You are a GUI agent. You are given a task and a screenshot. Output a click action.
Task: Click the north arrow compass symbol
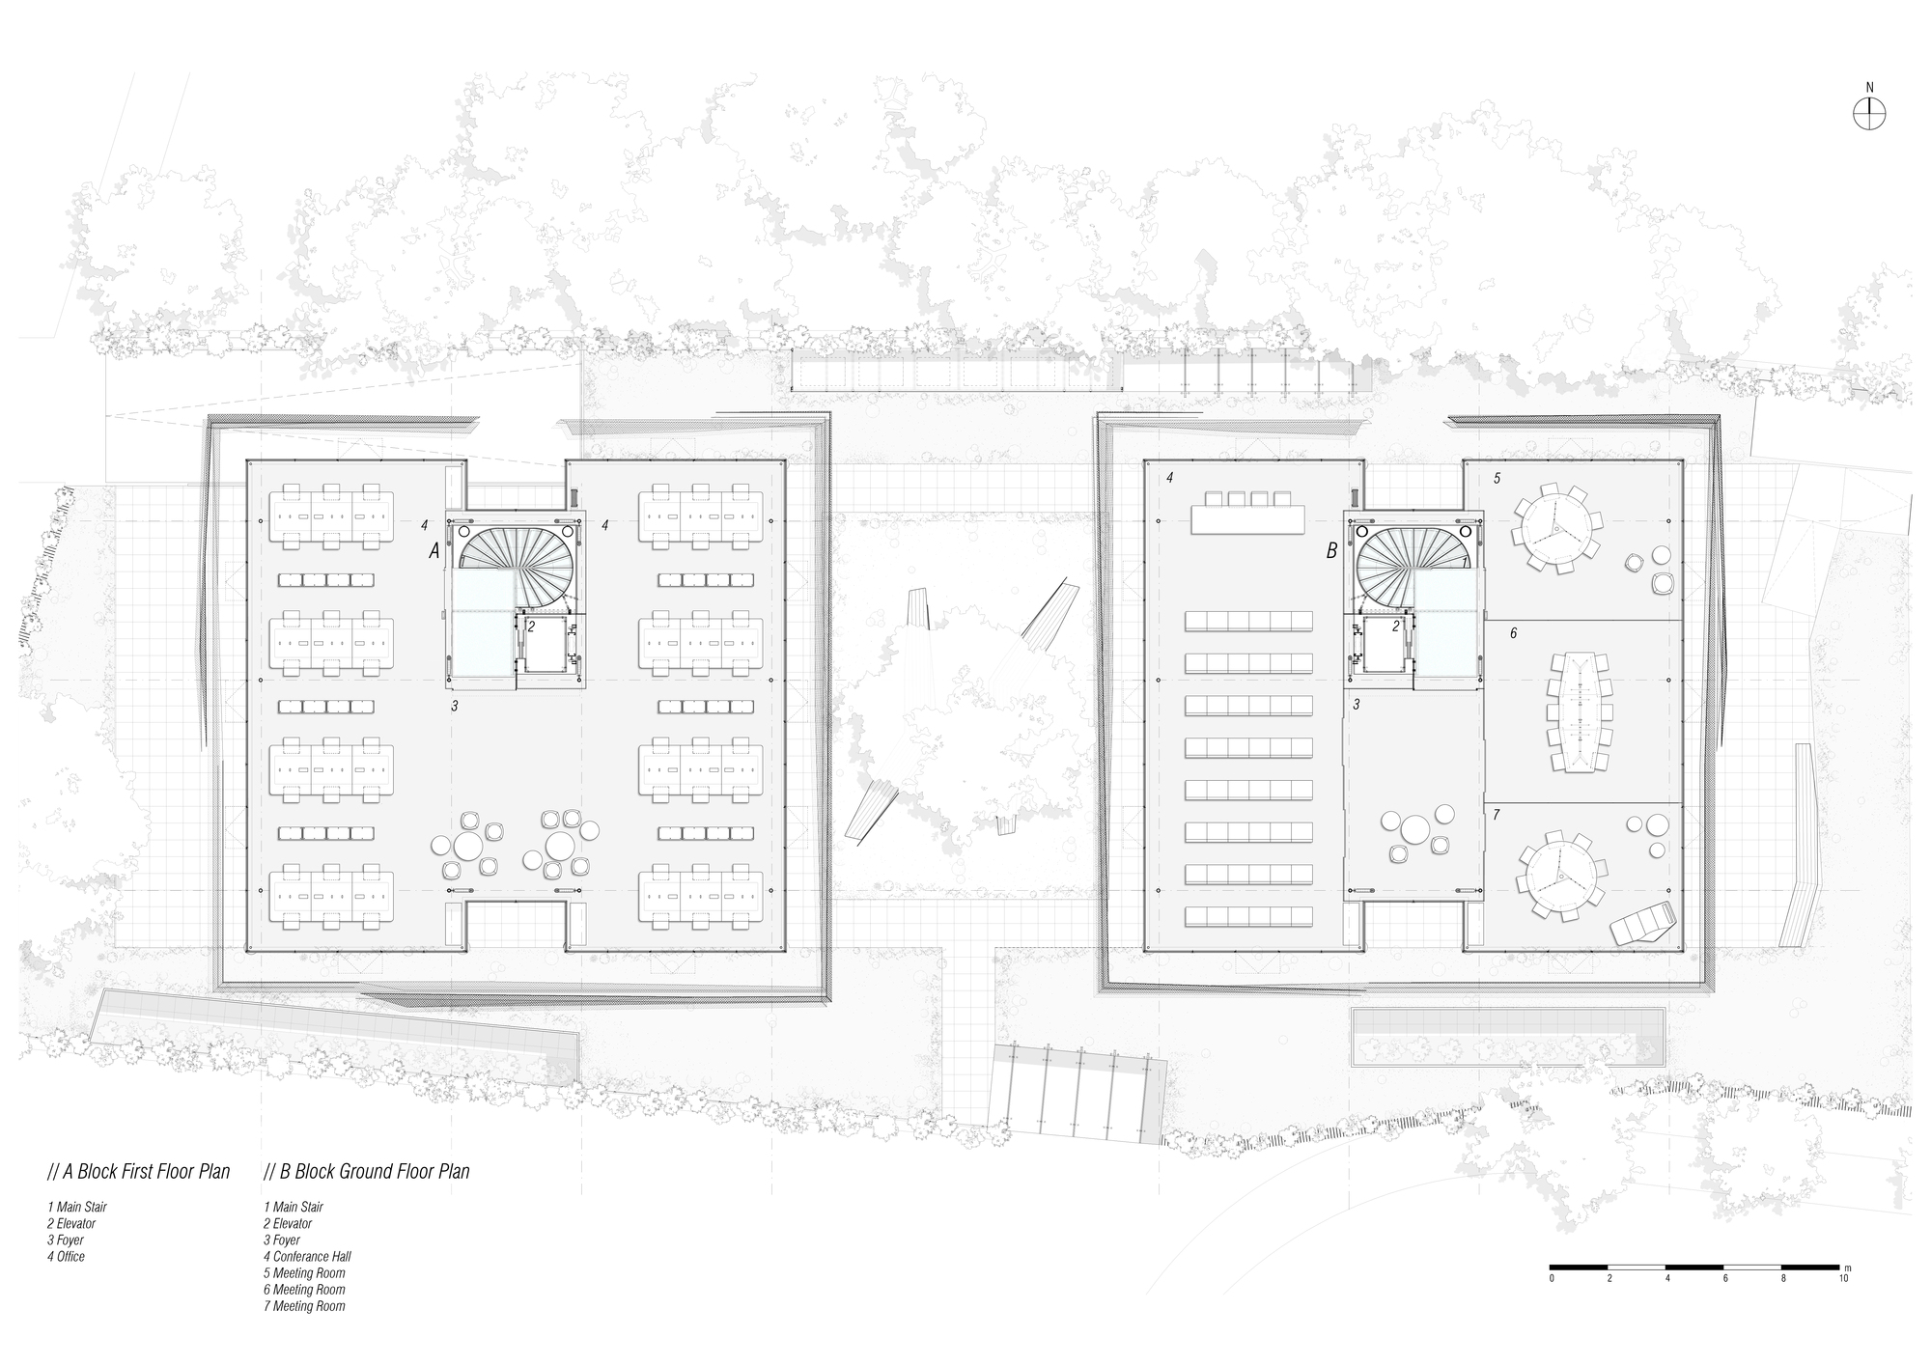(1869, 114)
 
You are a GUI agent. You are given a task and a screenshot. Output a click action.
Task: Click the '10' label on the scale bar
(1843, 1278)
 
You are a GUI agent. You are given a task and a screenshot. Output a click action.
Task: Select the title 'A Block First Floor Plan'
(139, 1172)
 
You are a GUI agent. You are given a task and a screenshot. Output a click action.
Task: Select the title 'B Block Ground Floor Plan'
(366, 1172)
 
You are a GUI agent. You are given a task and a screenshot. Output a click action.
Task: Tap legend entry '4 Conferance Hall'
(307, 1256)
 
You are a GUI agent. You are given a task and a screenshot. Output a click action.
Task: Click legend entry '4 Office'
(66, 1256)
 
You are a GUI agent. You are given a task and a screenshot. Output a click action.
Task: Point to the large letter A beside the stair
(434, 551)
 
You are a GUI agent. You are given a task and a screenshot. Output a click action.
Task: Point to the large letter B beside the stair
(1331, 551)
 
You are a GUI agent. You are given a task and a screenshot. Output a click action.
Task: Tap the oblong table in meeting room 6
(1580, 711)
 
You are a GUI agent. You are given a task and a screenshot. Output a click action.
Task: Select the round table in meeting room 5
(1553, 527)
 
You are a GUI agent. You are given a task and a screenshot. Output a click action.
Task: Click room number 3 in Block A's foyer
(454, 707)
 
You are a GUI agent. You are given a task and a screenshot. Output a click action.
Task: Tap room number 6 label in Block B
(1513, 633)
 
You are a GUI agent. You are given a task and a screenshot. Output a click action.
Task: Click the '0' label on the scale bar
(1552, 1278)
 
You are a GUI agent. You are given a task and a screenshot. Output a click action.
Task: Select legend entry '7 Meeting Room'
(304, 1306)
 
